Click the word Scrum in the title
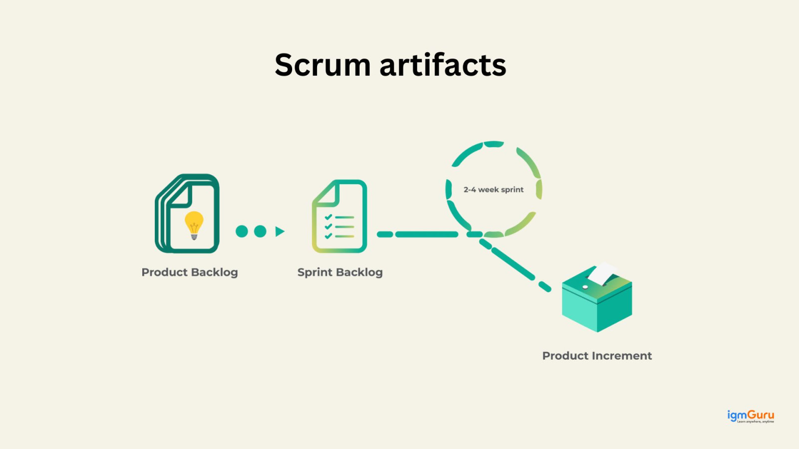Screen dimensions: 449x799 point(323,65)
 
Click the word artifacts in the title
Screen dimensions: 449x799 point(443,65)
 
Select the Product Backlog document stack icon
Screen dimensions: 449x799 point(187,214)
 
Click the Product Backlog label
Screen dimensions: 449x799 point(190,272)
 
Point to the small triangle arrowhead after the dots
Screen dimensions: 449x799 point(280,231)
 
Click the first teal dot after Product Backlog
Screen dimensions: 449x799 point(242,231)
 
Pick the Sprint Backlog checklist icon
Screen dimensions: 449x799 point(340,217)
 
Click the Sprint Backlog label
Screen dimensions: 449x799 point(340,272)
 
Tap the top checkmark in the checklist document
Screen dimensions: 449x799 point(328,218)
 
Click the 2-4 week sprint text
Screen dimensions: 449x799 point(493,190)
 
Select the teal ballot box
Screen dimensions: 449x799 point(597,304)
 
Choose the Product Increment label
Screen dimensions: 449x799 point(597,356)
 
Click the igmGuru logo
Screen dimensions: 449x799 point(751,416)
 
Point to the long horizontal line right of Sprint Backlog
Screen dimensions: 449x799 point(426,234)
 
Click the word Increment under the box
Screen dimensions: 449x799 point(621,356)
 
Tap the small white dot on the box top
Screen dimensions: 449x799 point(585,287)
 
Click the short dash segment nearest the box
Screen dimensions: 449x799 point(545,287)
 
